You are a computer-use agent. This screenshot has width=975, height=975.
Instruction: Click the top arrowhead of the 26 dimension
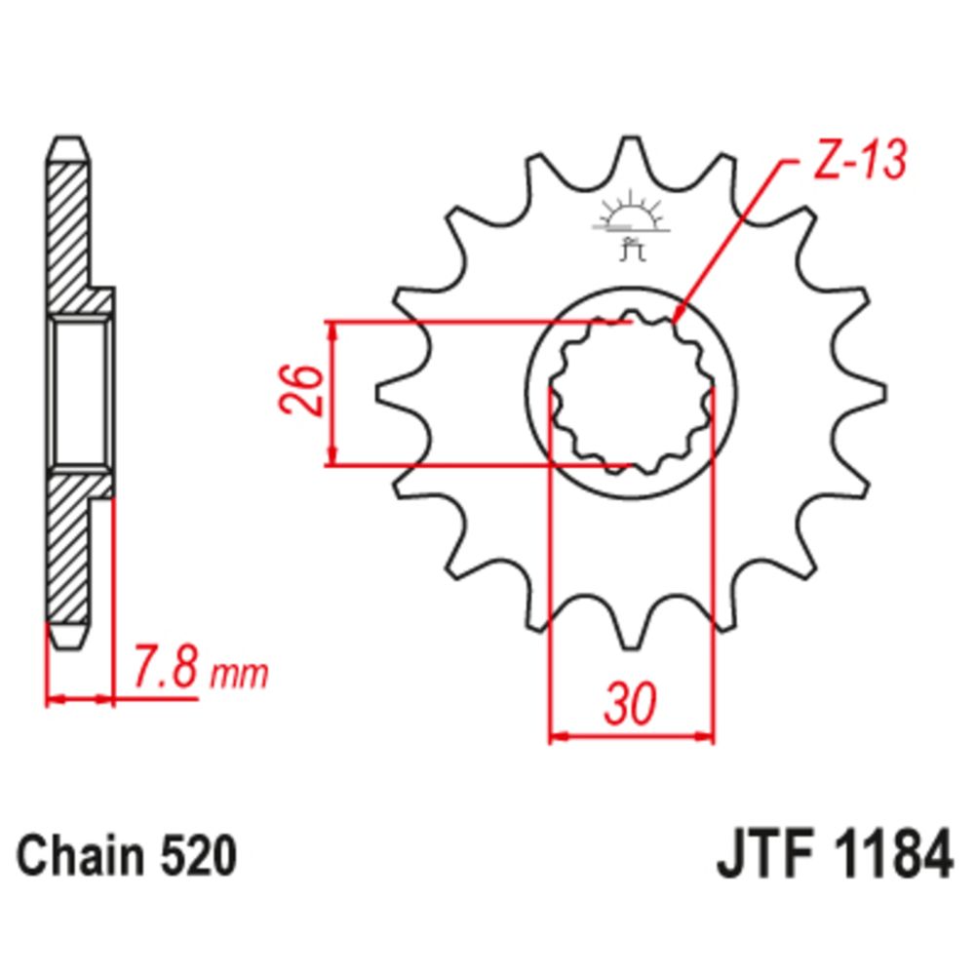(x=333, y=331)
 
